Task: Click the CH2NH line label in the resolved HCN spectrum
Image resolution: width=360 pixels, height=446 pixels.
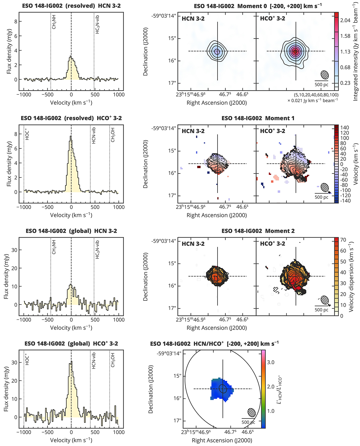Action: pos(54,23)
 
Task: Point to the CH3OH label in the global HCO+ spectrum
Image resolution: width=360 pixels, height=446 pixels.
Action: pos(113,360)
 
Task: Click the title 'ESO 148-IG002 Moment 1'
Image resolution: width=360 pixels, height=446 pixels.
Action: pos(258,118)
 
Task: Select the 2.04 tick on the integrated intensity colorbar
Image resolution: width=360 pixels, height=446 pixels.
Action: pos(345,20)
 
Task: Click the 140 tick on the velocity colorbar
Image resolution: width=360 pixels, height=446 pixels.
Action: pos(345,128)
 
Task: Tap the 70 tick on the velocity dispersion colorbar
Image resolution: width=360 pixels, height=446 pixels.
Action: pos(343,240)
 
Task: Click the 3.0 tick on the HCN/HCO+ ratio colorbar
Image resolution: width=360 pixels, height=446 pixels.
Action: pos(271,362)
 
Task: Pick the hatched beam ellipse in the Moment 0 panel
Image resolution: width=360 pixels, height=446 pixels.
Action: pos(325,75)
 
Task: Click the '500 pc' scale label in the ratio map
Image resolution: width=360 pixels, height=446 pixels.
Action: pos(248,422)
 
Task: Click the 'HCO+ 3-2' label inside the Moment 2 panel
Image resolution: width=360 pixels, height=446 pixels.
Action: pos(272,244)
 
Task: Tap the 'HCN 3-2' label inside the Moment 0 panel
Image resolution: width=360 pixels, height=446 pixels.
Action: pos(193,19)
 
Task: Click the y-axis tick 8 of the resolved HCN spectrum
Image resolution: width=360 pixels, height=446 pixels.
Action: pos(16,22)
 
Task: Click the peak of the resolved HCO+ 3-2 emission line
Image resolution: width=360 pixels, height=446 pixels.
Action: pos(71,136)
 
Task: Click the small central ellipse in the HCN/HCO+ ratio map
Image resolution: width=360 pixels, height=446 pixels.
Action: pos(223,388)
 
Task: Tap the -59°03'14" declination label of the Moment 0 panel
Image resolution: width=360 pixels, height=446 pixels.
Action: pos(164,16)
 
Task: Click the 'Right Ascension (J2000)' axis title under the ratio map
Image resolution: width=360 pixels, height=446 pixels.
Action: pos(222,440)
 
